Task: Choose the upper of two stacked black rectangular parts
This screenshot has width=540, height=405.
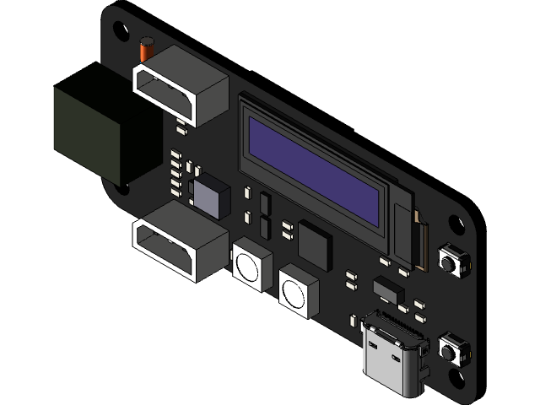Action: (265, 203)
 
